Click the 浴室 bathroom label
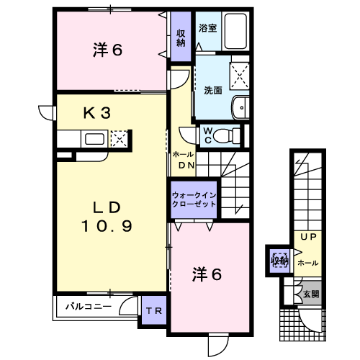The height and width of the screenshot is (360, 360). point(207,28)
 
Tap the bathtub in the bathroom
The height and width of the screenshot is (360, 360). point(235,31)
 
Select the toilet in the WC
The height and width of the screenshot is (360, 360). point(226,136)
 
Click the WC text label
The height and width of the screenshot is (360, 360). point(208,135)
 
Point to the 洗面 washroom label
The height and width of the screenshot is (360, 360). point(213,91)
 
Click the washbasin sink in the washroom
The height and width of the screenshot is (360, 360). point(240,107)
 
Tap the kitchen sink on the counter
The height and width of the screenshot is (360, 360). point(94,139)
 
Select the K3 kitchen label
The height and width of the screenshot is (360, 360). point(97,113)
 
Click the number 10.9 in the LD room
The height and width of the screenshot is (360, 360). point(107,226)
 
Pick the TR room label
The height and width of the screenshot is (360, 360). point(154,311)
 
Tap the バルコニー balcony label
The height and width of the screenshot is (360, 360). point(89,307)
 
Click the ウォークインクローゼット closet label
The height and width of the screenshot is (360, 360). point(194,199)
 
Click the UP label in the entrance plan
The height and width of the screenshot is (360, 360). point(309,237)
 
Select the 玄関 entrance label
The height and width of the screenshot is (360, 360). point(311,294)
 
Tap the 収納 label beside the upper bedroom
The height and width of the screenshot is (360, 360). point(181,38)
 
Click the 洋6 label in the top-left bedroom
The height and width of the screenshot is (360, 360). point(108,50)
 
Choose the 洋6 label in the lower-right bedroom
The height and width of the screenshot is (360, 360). point(207,274)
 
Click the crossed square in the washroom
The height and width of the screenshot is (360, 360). point(240,76)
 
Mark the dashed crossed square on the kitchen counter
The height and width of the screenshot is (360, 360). point(119,139)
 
